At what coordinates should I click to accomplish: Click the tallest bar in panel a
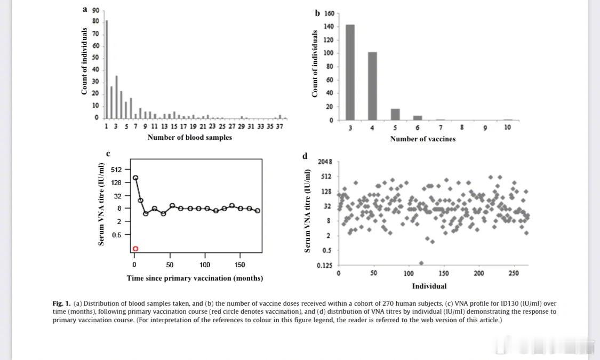coord(107,69)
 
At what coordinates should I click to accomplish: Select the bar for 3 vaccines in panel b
coord(350,72)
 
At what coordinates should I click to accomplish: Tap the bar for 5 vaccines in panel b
coord(395,114)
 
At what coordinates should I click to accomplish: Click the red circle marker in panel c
coord(135,249)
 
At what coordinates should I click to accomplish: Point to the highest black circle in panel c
coord(135,178)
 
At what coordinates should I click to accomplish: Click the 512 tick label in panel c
coord(116,170)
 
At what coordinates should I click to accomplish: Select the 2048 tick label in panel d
coord(325,162)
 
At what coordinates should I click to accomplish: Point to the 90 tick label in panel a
coord(95,10)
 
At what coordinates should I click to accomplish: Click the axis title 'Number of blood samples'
coord(189,138)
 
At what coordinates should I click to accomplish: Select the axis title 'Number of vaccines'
coord(423,139)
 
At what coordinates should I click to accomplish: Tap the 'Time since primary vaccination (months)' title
coord(195,278)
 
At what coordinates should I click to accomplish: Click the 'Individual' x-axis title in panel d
coord(429,286)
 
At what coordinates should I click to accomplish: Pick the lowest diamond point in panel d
coord(421,263)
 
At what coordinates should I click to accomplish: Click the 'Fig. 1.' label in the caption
coord(61,303)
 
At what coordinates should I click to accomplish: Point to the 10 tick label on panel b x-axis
coord(507,127)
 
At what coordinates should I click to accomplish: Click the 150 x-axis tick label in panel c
coord(239,265)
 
